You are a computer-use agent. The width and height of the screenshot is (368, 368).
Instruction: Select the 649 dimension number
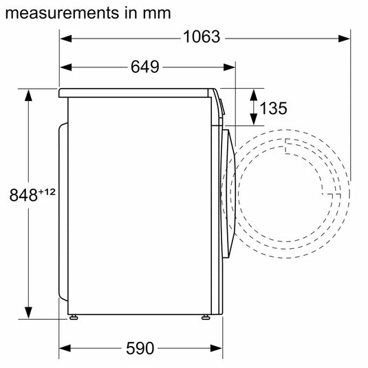[144, 67]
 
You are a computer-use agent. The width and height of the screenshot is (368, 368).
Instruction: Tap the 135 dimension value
[274, 108]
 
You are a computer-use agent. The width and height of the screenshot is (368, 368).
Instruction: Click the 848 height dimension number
[23, 195]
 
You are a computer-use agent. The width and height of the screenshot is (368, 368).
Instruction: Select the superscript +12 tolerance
[45, 191]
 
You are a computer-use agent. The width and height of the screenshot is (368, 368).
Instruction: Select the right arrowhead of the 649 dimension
[230, 67]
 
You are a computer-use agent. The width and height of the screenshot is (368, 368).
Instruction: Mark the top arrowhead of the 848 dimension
[29, 94]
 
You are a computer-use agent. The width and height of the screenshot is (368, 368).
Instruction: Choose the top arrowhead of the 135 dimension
[252, 94]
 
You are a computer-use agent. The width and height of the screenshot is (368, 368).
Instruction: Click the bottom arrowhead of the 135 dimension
[252, 121]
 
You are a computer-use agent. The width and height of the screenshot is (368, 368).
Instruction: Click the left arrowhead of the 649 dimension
[65, 67]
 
